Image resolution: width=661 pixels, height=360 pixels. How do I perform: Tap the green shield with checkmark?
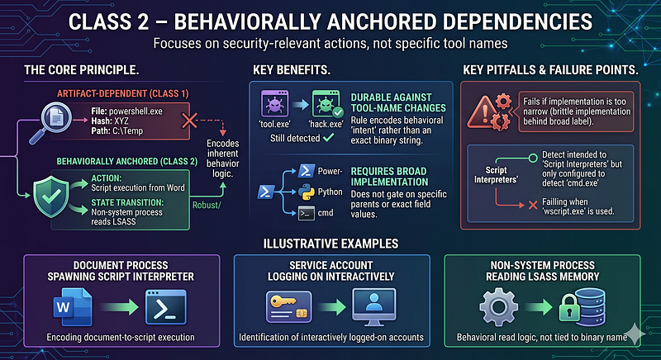pos(51,197)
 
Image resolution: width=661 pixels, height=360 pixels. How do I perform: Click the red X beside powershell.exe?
pos(189,121)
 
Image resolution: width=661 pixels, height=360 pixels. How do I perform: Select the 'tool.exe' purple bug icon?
pos(274,103)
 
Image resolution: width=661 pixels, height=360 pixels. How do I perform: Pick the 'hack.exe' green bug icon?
pos(326,103)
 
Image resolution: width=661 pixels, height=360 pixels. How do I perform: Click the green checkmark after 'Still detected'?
pos(328,137)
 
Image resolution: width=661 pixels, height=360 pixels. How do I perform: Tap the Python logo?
pos(306,192)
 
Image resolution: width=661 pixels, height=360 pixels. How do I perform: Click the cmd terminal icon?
pos(306,213)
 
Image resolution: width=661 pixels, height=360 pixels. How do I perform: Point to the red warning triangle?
pos(482,113)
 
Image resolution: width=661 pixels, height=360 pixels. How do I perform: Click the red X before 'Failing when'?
pos(533,205)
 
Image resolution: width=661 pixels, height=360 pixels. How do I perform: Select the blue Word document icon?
pos(73,307)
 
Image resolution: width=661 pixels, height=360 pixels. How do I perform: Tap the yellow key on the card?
pos(281,301)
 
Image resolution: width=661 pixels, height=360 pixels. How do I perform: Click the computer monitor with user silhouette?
pos(373,307)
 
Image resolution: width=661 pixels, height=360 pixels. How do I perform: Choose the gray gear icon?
pos(499,307)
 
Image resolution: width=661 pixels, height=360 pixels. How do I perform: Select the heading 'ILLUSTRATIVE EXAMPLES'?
pos(330,244)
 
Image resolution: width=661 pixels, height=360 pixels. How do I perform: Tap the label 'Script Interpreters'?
pos(496,175)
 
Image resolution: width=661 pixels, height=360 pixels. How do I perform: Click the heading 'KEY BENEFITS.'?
pos(292,70)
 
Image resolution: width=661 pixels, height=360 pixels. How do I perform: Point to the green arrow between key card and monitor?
pos(332,307)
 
